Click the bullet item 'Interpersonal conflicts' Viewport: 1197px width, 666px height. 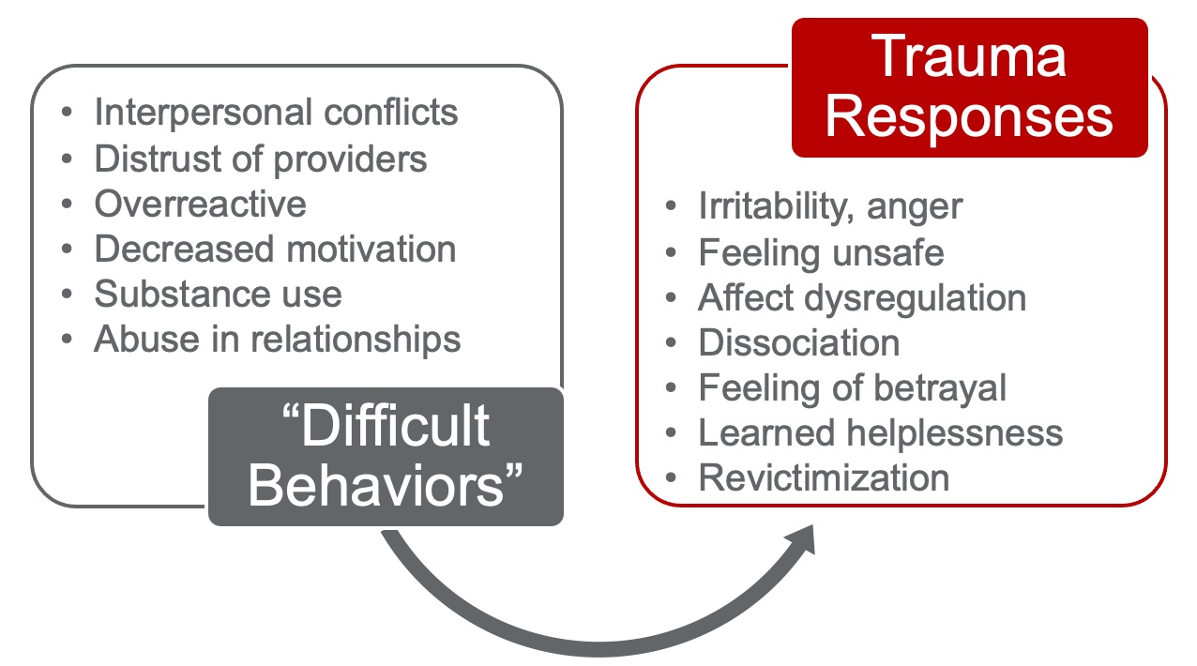(x=276, y=113)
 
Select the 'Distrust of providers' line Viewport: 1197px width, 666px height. (x=260, y=159)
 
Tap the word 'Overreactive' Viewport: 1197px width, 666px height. (x=200, y=204)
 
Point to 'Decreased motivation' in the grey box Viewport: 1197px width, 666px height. (x=275, y=250)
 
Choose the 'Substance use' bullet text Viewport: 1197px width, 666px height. (x=218, y=294)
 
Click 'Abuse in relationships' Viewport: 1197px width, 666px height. (x=277, y=340)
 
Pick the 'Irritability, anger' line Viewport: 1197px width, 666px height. (x=830, y=207)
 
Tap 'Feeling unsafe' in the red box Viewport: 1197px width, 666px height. (x=822, y=252)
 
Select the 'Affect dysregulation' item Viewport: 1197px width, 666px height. (x=862, y=298)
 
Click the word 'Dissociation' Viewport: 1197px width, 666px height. (x=799, y=342)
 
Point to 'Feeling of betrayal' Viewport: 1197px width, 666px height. (x=853, y=388)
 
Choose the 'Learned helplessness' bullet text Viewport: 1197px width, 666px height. (x=881, y=433)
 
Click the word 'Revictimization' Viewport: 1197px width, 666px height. (x=824, y=477)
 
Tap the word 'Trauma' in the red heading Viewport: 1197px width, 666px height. (x=968, y=56)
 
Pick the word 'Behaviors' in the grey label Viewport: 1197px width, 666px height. (x=375, y=486)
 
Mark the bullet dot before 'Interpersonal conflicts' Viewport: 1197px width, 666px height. (x=67, y=113)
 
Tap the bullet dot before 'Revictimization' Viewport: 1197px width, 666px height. (x=671, y=477)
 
